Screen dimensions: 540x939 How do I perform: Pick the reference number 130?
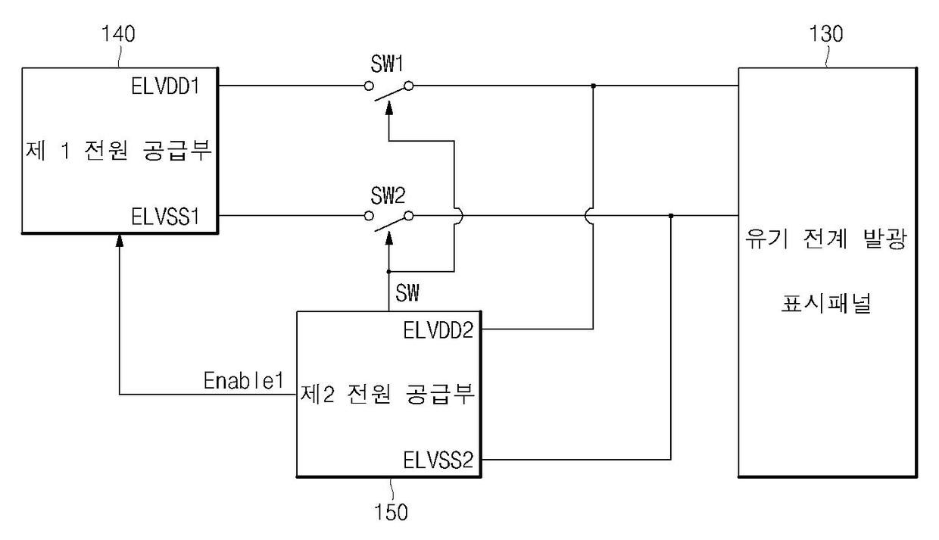[x=826, y=36]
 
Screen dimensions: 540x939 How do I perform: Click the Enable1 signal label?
[x=243, y=381]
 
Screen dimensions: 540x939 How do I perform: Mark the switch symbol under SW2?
[x=389, y=217]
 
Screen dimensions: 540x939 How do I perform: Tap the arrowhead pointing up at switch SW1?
[x=389, y=108]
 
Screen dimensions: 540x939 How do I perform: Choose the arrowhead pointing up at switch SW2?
[x=389, y=239]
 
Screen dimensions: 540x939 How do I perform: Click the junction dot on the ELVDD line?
[x=593, y=86]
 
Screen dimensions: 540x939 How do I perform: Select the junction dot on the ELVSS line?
[x=671, y=217]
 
